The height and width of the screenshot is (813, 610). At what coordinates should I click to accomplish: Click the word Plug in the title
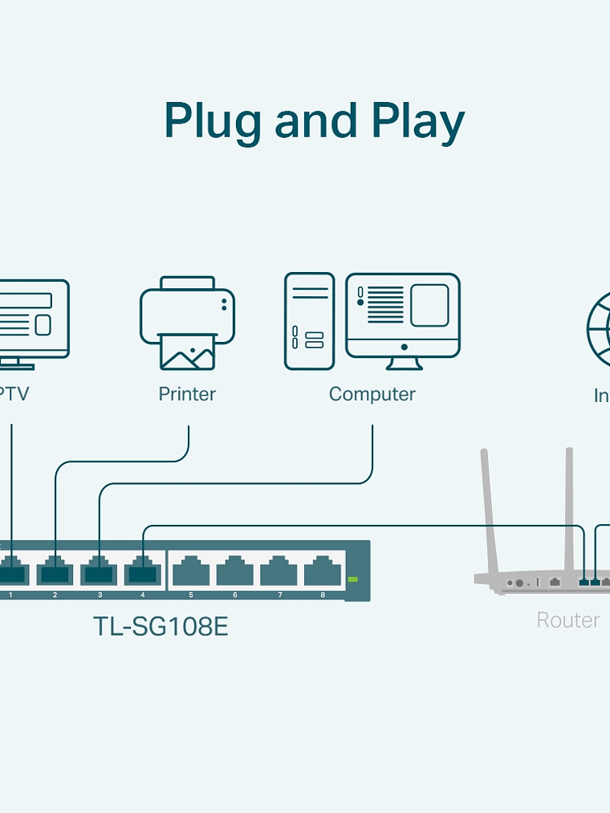(213, 122)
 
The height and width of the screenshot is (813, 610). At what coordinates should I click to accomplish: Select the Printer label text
(187, 394)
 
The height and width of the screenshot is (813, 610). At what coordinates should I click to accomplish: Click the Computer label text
(372, 394)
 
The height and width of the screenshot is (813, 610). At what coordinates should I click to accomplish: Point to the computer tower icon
(309, 321)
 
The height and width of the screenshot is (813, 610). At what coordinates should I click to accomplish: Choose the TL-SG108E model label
(161, 626)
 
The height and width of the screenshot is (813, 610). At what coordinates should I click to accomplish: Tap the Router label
(568, 620)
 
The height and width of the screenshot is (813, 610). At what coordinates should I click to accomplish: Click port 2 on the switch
(55, 573)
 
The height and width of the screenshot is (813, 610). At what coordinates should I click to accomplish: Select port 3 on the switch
(99, 573)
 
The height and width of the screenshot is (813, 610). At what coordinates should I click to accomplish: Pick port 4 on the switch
(143, 573)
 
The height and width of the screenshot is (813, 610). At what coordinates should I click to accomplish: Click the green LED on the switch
(353, 579)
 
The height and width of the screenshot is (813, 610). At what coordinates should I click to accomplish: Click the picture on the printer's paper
(187, 354)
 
